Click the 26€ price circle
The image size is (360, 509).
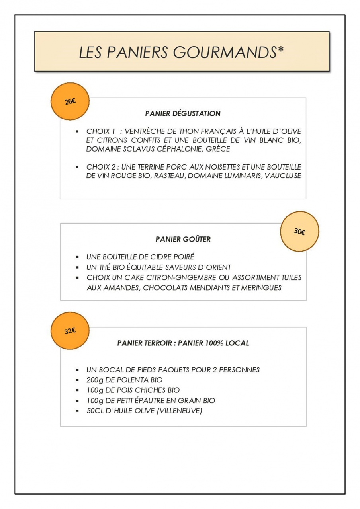[70, 101]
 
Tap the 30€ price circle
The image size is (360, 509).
[299, 231]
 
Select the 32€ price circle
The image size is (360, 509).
[70, 331]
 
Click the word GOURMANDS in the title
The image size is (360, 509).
[223, 52]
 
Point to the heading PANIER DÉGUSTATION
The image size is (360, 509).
[183, 114]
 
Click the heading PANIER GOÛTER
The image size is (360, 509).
[183, 239]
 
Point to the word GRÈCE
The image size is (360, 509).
[218, 149]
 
